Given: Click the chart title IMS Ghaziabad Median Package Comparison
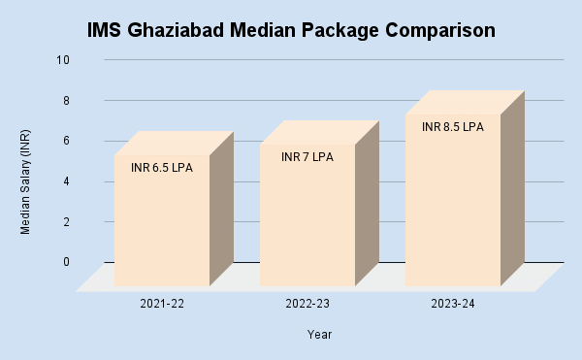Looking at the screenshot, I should pos(291,30).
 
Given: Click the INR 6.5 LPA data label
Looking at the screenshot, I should pos(162,168).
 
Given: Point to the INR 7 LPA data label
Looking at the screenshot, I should pos(307,157).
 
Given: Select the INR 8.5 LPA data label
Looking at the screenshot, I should pos(452,127).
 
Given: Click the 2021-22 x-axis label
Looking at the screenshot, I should pos(162,305).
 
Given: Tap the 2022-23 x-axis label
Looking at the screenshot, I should pos(307,305).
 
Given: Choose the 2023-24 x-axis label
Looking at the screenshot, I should pos(452,305).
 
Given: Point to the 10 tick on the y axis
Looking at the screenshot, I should pos(64,60).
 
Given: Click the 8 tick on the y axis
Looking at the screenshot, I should pos(66,100).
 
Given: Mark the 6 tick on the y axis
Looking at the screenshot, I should pos(66,141).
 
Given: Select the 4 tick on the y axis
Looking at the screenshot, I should pos(66,181).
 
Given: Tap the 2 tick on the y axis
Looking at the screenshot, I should pos(66,221).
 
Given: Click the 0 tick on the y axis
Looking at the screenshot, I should pos(66,262).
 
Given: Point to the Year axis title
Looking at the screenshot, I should pos(320,335).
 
